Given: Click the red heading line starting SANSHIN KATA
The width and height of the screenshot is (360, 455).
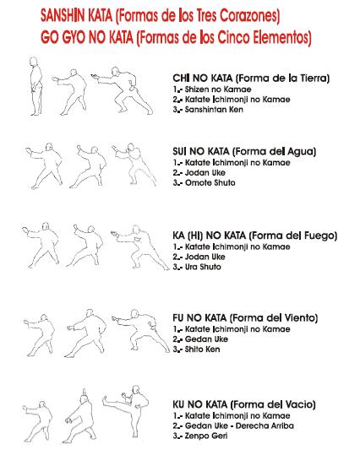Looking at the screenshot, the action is point(160,16).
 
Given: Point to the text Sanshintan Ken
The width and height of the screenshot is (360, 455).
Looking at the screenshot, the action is point(208,110).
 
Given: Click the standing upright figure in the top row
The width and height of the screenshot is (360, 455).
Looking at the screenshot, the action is point(36,86).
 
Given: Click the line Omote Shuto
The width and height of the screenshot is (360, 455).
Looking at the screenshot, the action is point(204,183).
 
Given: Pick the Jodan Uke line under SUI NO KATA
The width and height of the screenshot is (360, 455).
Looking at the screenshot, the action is point(199,173).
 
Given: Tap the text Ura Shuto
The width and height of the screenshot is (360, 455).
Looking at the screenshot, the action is point(197,267).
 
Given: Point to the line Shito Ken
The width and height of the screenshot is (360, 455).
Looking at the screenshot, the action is point(196,349).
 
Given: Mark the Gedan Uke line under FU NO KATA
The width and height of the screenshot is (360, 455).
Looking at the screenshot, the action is point(200,339).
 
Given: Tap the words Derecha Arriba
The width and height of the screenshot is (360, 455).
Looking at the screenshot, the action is point(265,425).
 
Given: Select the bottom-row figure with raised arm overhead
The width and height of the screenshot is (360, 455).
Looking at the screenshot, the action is point(80,415).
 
